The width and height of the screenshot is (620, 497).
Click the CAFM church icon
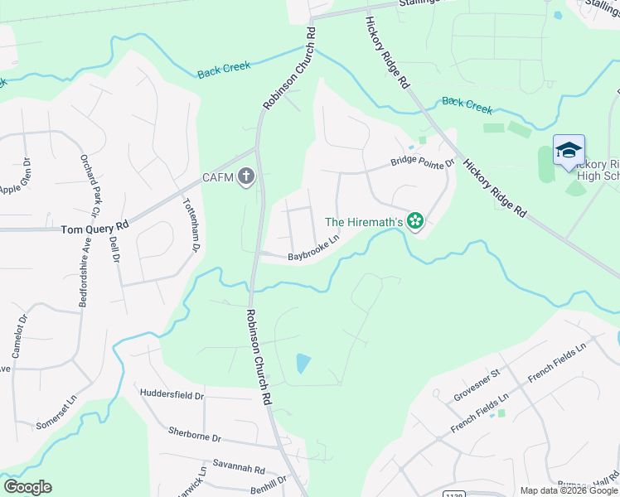(245, 177)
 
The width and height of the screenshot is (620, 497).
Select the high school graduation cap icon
(569, 151)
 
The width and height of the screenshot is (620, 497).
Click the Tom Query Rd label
(95, 225)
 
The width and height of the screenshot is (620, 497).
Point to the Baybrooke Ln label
(314, 249)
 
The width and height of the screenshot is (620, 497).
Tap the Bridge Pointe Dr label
(423, 164)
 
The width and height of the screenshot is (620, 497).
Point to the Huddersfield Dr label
(172, 395)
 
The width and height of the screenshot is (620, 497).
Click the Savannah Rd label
(238, 467)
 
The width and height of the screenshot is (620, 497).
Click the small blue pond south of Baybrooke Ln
(303, 363)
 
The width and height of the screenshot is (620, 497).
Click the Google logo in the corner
(27, 487)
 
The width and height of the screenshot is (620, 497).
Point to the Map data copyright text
(569, 490)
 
